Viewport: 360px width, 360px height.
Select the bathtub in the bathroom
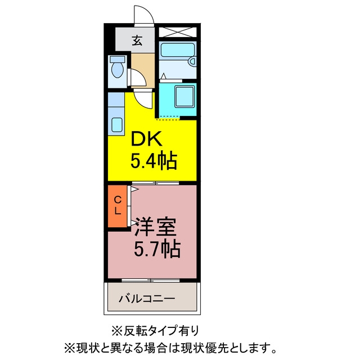tap(178, 50)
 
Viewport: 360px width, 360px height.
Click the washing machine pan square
tap(184, 96)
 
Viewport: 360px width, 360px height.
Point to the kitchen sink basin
tap(117, 125)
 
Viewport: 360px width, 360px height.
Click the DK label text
tap(146, 138)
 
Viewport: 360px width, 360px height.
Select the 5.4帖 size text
tap(154, 160)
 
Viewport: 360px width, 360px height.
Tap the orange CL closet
tap(118, 206)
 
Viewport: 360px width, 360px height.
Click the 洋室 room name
tap(155, 227)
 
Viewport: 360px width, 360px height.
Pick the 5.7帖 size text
tap(157, 249)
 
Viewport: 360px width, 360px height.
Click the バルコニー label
tap(147, 299)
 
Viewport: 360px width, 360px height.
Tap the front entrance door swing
tap(144, 14)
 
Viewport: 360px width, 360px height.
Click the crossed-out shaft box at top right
tap(178, 32)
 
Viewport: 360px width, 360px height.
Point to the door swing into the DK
tap(143, 99)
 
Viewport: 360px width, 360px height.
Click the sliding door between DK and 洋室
tap(155, 183)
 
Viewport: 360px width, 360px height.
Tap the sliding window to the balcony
tap(150, 280)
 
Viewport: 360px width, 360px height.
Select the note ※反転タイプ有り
tap(155, 331)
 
